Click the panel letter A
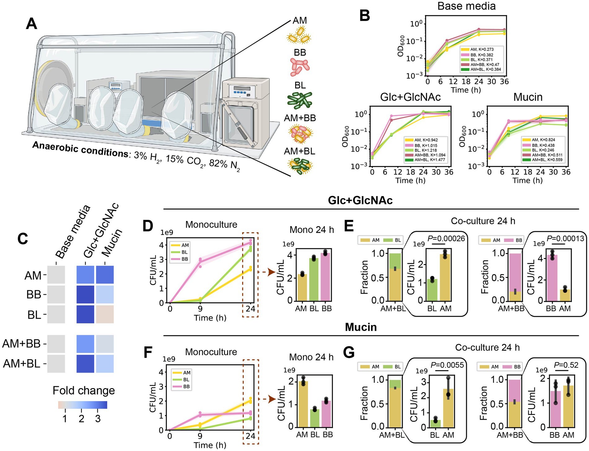point(32,24)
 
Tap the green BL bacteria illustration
point(299,100)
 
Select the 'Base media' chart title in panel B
point(466,6)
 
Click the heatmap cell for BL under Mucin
point(105,314)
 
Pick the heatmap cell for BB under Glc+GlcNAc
point(85,294)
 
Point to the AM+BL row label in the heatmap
point(22,364)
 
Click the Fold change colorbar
point(82,405)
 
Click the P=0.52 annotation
point(566,365)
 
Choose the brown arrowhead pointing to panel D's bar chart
point(272,272)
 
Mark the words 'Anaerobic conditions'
point(80,149)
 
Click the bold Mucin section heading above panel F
point(361,327)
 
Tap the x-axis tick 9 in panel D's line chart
point(200,309)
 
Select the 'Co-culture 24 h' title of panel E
point(483,221)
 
